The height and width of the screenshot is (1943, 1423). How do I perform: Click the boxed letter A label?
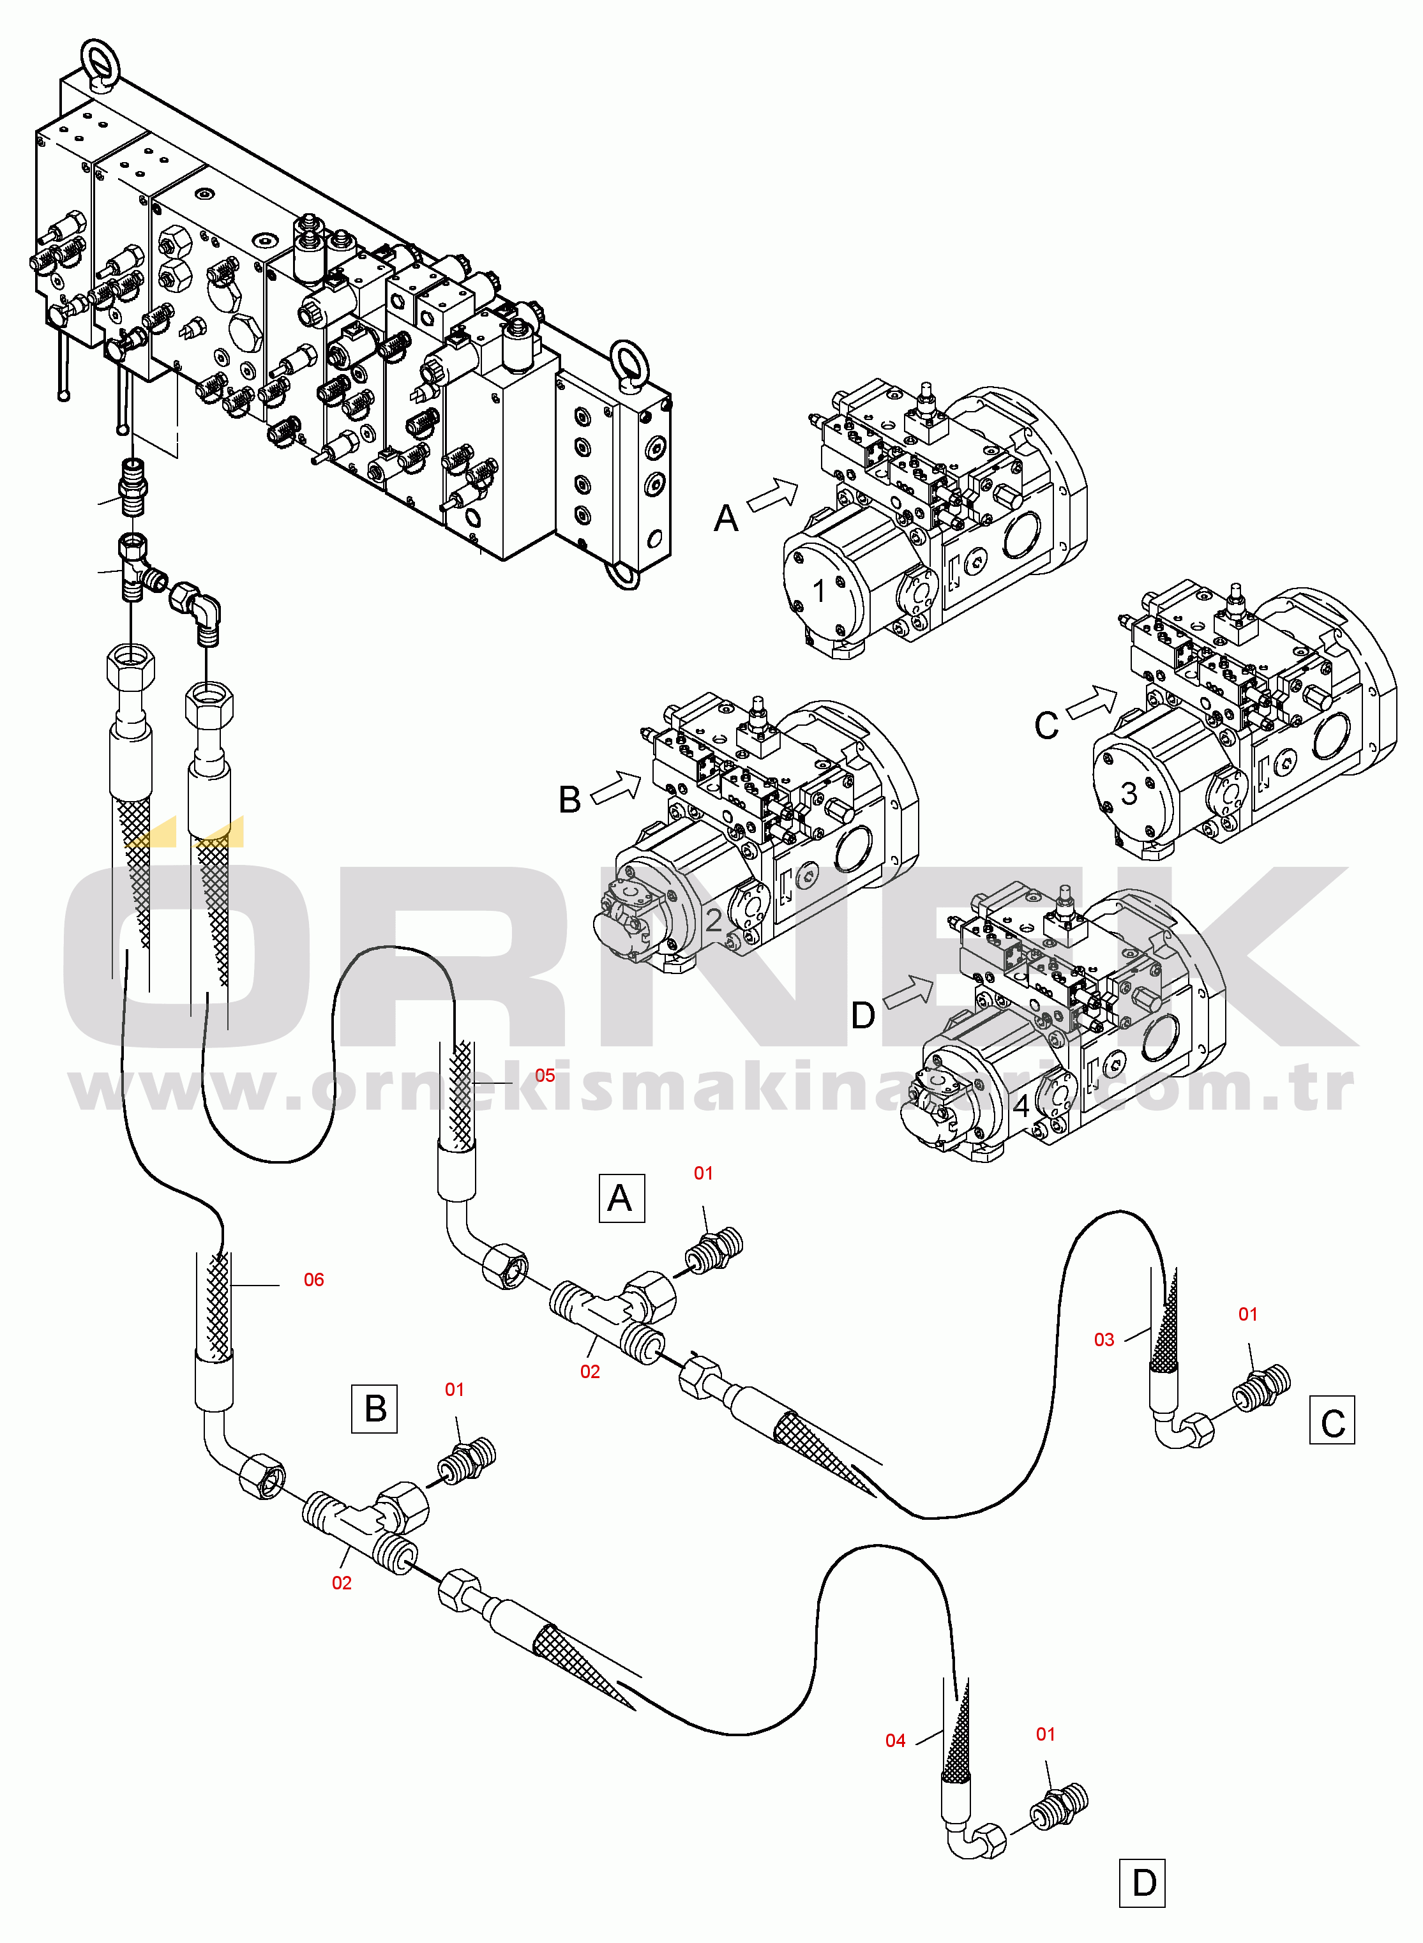coord(621,1198)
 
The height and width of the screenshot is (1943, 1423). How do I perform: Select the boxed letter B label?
coord(375,1408)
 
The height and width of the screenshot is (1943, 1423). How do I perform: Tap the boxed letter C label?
coord(1332,1423)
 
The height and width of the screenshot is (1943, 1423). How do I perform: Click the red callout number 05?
coord(545,1075)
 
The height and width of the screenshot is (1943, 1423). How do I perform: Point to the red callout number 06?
coord(313,1280)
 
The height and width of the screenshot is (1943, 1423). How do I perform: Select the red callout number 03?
coord(1103,1339)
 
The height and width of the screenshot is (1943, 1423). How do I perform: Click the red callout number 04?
coord(895,1741)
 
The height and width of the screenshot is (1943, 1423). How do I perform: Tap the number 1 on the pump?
coord(819,591)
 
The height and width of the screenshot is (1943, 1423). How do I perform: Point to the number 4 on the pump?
coord(1021,1106)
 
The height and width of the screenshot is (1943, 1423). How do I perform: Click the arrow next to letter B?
coord(617,786)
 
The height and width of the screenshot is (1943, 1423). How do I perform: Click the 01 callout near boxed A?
coord(703,1173)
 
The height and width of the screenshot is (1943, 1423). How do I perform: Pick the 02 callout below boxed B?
coord(341,1582)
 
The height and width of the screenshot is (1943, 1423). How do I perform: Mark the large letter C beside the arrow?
coord(1046,725)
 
